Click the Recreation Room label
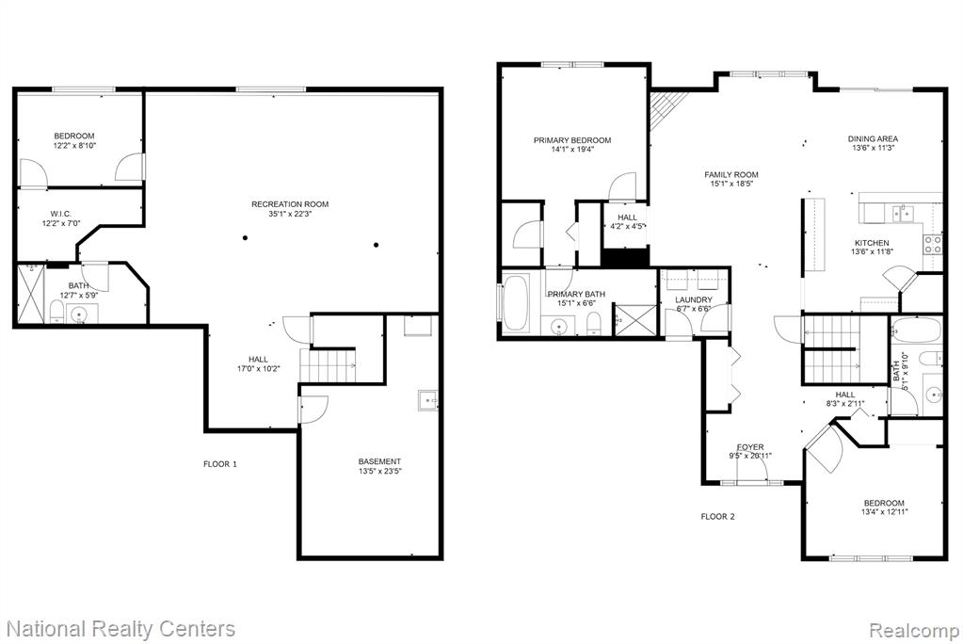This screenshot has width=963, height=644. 290,204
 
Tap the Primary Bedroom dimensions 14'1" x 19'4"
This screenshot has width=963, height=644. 572,150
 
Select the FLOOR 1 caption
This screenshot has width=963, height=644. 220,464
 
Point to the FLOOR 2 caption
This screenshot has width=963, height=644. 717,517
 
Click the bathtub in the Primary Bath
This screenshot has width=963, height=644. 516,303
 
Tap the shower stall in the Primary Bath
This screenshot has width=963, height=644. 635,319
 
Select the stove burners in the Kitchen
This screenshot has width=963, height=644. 933,245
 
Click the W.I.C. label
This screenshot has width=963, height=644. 61,214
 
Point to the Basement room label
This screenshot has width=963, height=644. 379,461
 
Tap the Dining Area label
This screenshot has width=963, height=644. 873,139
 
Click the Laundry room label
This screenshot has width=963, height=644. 694,300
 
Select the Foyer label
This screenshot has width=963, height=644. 750,447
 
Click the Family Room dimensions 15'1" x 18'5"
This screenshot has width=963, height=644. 731,183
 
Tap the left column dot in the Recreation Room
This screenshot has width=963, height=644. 245,238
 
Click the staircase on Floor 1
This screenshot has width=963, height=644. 328,365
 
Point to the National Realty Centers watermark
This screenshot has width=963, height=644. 121,629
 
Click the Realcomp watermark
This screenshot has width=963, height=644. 914,631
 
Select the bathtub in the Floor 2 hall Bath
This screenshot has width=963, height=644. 916,330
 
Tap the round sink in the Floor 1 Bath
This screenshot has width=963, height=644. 79,315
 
